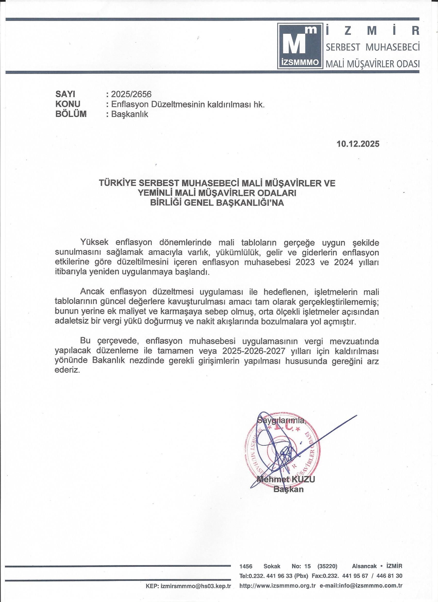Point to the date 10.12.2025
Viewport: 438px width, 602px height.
point(358,144)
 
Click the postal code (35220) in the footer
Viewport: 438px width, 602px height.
point(327,572)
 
